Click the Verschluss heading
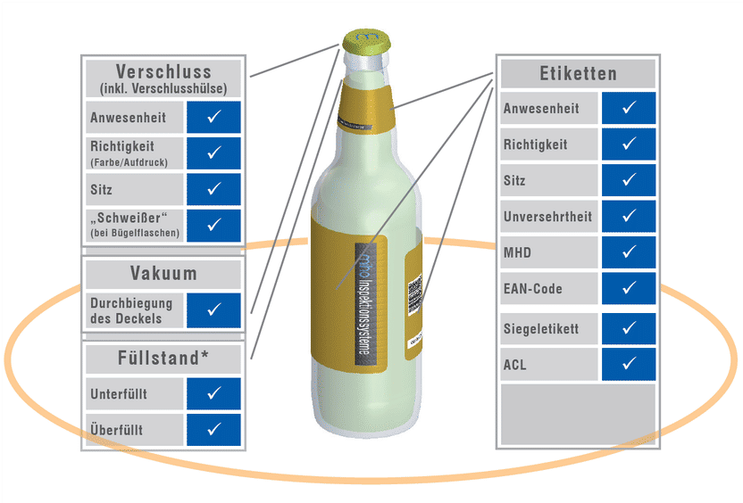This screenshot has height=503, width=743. pos(163,71)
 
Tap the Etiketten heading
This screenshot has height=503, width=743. pos(578,73)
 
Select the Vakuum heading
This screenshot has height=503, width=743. pos(163,273)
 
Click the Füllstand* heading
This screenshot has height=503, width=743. pos(163,358)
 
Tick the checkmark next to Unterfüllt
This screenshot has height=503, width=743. pos(213,393)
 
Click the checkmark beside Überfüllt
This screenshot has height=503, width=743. pos(213,429)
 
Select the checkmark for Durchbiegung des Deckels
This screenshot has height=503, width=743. pos(213,309)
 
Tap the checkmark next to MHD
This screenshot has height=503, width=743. pos(629,252)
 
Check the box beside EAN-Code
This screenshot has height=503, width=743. pos(629,288)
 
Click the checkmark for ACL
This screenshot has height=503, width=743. pos(629,364)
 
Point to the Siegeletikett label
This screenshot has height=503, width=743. pos(541,329)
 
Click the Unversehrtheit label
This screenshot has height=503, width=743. pos(547,217)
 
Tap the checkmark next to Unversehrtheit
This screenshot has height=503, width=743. pos(629,216)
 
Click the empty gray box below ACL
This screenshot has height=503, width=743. pos(578,415)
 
